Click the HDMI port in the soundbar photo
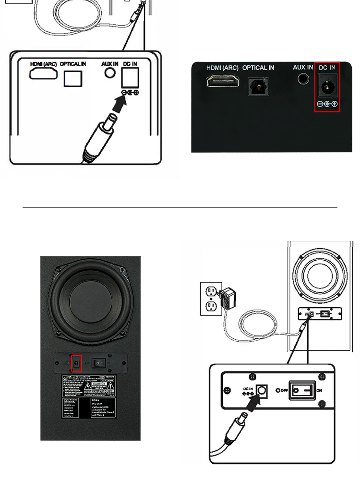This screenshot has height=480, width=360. click(x=223, y=82)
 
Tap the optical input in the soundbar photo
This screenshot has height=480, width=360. click(x=258, y=86)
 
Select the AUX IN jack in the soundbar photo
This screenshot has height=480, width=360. click(x=302, y=78)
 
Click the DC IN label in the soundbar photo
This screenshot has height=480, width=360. click(x=327, y=68)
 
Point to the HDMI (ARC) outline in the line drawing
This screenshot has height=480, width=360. click(x=43, y=73)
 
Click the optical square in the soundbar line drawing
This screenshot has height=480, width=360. click(x=72, y=78)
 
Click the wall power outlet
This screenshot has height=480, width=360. click(x=210, y=298)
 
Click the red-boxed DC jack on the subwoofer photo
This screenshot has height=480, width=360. click(x=76, y=364)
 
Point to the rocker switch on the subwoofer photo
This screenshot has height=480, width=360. click(x=99, y=363)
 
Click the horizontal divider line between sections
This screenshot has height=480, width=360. click(x=180, y=208)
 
